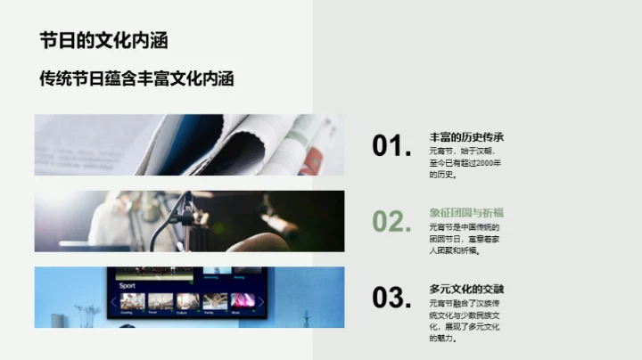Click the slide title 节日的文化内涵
(x=103, y=41)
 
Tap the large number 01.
(x=391, y=147)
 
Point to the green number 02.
(x=391, y=222)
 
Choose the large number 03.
(x=391, y=298)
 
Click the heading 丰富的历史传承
(x=466, y=137)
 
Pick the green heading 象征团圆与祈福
(x=466, y=212)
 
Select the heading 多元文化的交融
(x=466, y=289)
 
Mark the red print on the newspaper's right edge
(x=311, y=160)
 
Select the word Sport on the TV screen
(x=128, y=286)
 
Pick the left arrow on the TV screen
(x=113, y=301)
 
